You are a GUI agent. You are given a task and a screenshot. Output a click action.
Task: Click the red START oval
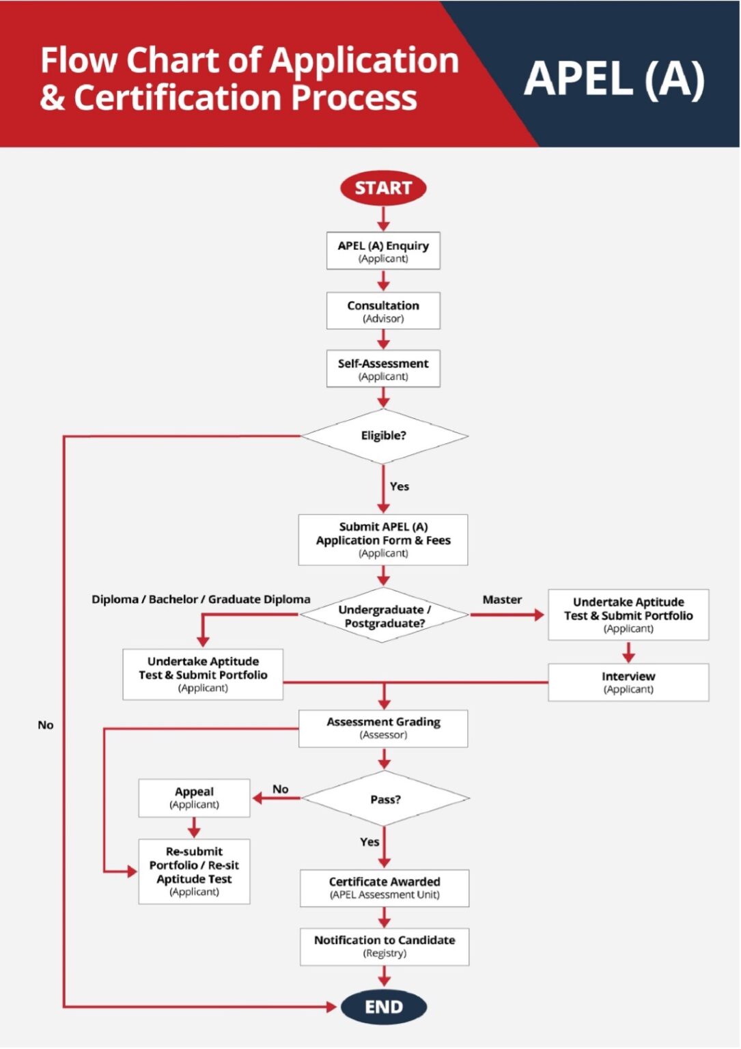point(383,188)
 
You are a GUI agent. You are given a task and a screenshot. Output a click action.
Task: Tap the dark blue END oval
point(384,1007)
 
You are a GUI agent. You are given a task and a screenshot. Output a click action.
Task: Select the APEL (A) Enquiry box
point(383,251)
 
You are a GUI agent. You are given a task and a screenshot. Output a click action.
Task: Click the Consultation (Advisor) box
point(383,311)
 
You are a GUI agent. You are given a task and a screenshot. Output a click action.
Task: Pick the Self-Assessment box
point(383,369)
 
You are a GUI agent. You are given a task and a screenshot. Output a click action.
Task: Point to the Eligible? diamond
point(384,436)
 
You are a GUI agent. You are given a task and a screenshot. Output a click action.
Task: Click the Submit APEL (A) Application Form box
point(383,540)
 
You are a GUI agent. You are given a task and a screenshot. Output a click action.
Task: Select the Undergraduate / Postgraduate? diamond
point(384,615)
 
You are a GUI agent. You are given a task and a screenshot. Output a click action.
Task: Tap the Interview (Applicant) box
point(628,682)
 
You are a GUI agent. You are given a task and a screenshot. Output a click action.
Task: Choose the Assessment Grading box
point(383,728)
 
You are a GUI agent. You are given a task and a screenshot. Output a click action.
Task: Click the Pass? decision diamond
point(385,798)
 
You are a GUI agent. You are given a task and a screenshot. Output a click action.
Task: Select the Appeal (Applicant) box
point(194,798)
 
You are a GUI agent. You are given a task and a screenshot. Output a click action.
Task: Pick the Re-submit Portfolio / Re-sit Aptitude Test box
point(194,871)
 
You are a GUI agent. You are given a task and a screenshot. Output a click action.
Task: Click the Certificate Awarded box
point(385,888)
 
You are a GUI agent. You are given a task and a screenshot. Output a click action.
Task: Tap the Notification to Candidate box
point(385,946)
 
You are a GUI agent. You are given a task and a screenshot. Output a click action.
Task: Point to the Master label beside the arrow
point(502,600)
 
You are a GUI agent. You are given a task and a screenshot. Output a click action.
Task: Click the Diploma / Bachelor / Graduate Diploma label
point(201,600)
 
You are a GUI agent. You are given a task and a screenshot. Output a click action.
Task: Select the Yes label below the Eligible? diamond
point(400,486)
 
